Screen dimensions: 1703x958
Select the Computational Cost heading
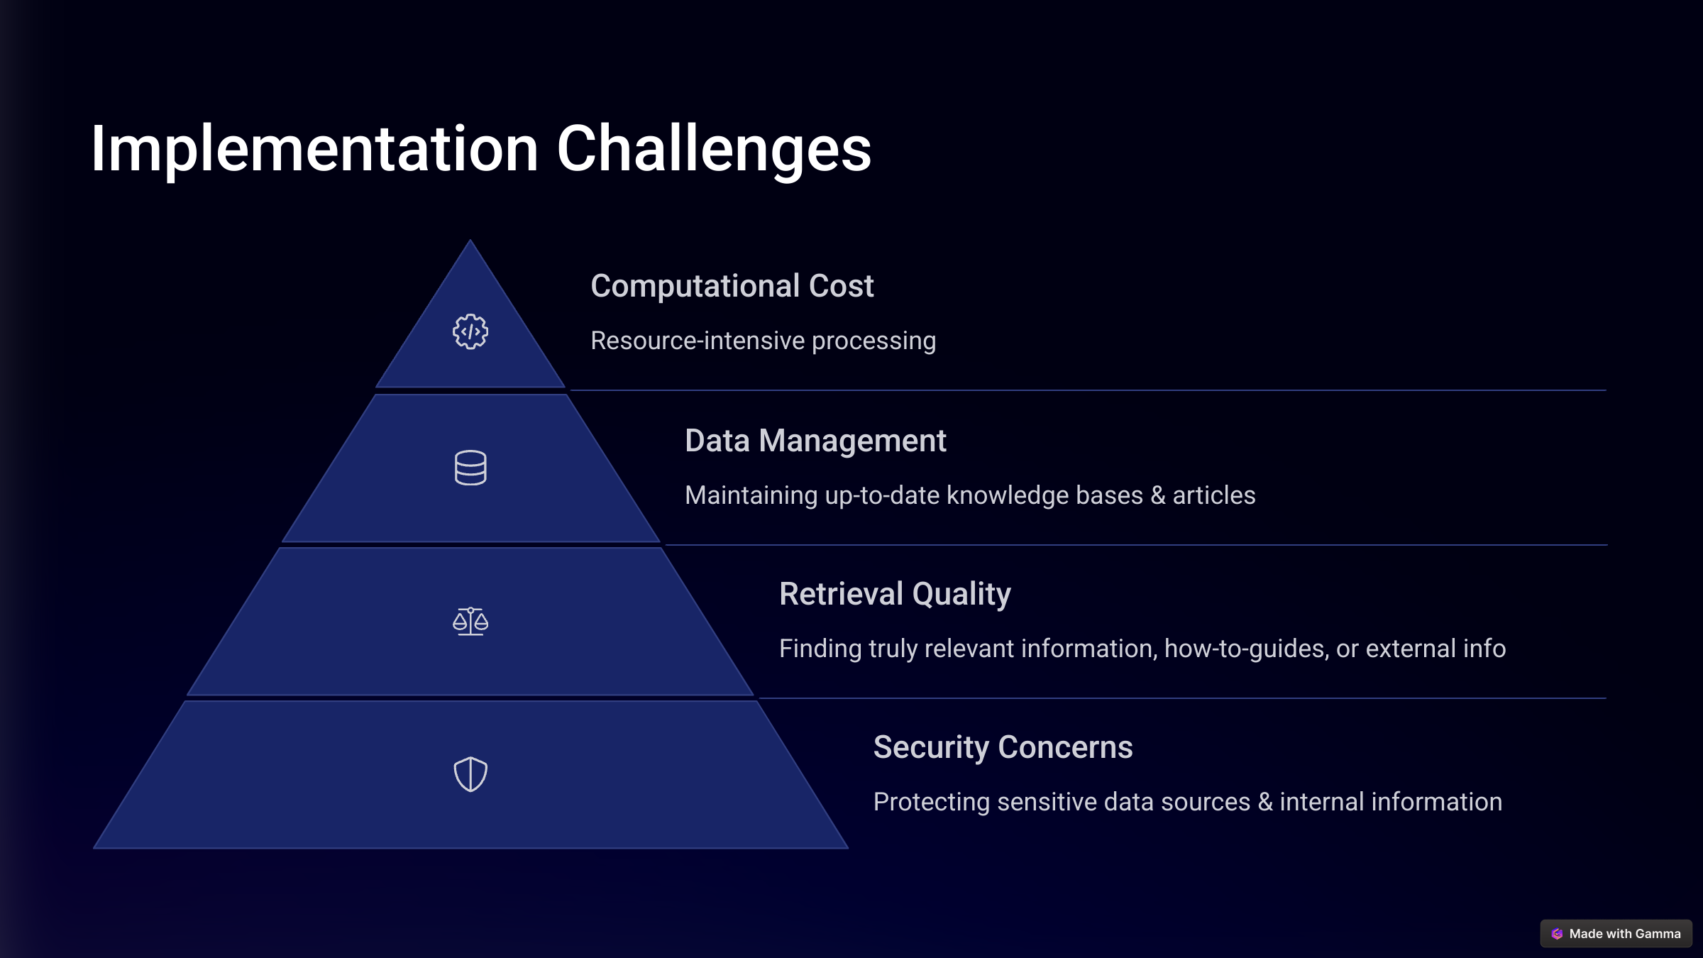pos(732,286)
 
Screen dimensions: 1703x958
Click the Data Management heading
pos(815,441)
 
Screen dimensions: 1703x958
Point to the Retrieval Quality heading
pos(895,594)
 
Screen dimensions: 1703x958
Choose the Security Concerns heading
pos(1003,747)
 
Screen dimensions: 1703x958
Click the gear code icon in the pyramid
pos(470,331)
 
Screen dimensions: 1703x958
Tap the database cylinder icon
pos(470,468)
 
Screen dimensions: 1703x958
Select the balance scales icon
pos(470,622)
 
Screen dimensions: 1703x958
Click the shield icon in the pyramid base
pos(470,774)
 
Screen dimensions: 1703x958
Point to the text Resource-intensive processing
pos(764,341)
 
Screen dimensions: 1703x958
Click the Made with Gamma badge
pos(1616,934)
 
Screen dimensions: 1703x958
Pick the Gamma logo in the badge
pos(1557,934)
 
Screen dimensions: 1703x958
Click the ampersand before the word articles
pos(1158,495)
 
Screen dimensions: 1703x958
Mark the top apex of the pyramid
pos(470,240)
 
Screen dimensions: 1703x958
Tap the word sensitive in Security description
pos(1047,803)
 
